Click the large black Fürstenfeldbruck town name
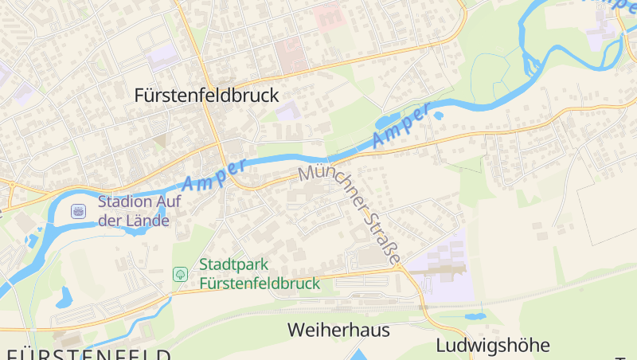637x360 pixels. [x=207, y=96]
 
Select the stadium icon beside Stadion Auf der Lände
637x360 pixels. [x=78, y=210]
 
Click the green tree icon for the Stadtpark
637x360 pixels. [x=181, y=274]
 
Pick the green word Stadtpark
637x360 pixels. [x=234, y=264]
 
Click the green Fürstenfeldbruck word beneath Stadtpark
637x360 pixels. [x=260, y=283]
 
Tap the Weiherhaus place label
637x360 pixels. [x=338, y=330]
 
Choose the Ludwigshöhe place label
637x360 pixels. [x=493, y=346]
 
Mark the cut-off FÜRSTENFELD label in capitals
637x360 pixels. [x=88, y=354]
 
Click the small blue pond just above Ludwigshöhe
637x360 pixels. [x=476, y=316]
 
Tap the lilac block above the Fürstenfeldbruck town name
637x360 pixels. [x=163, y=57]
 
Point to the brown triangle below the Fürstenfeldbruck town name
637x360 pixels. [x=160, y=141]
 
